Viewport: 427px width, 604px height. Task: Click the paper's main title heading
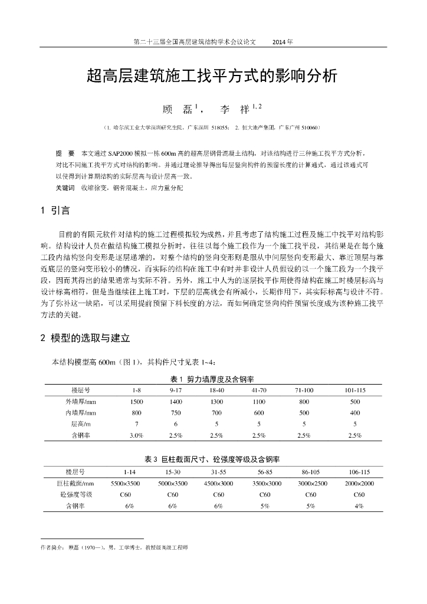tap(213, 76)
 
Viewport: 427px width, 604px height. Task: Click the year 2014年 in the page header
tap(283, 42)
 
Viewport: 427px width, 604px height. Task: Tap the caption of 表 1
tap(213, 379)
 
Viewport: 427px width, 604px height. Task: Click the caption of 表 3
tap(213, 459)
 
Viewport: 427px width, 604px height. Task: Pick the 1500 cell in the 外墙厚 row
tap(136, 402)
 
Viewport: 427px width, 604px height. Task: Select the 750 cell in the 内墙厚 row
tap(176, 413)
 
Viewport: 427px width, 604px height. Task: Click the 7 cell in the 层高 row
tap(136, 424)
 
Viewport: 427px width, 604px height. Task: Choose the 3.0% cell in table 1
tap(136, 435)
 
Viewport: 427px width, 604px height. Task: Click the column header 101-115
tap(355, 390)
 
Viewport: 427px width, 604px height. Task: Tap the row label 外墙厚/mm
tap(81, 402)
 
